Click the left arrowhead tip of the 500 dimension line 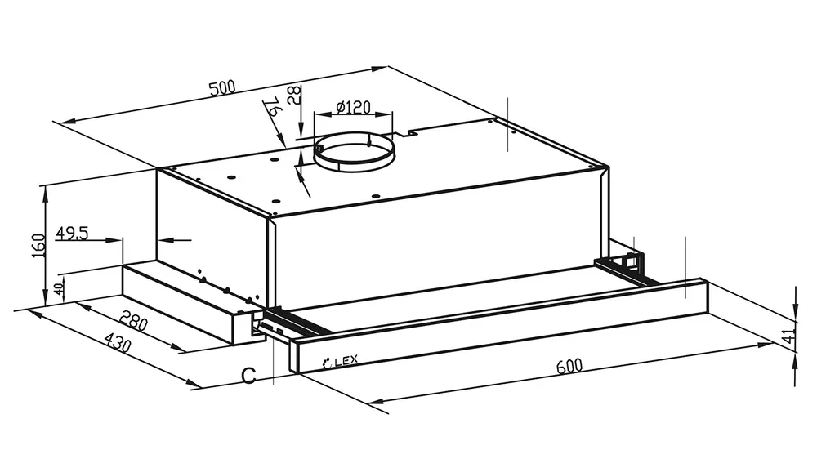point(60,123)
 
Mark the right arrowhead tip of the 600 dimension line point(775,343)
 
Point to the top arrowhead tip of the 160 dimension point(46,186)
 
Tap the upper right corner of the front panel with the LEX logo point(707,280)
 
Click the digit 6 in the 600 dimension point(561,367)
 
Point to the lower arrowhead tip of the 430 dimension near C point(200,386)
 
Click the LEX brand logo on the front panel point(341,361)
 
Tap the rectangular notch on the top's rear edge point(406,133)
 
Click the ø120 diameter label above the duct point(354,108)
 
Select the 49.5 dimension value point(72,233)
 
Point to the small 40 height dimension point(60,287)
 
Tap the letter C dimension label point(249,375)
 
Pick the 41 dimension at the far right point(790,336)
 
